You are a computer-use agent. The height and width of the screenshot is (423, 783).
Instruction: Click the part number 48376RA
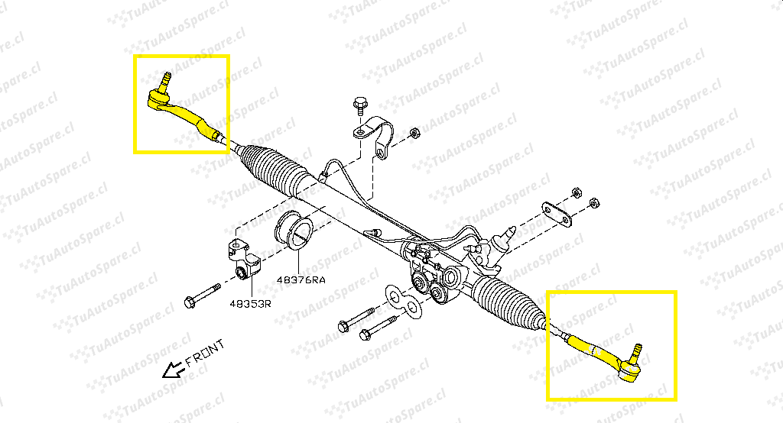click(301, 280)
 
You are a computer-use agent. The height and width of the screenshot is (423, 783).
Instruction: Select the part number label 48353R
click(250, 303)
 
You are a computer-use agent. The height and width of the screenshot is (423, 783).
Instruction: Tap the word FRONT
click(205, 354)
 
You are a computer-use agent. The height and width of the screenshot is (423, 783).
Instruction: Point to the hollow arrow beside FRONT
click(174, 370)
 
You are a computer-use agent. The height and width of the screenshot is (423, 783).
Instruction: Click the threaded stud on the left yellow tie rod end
click(165, 80)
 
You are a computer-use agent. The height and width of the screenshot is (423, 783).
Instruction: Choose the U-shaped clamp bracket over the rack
click(375, 135)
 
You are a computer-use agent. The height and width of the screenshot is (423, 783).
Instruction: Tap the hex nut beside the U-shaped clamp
click(414, 133)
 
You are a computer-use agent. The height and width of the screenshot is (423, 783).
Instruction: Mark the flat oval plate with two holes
click(557, 215)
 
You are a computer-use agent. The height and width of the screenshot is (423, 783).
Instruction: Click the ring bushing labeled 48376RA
click(294, 232)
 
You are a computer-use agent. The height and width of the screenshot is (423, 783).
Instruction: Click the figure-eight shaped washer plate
click(404, 301)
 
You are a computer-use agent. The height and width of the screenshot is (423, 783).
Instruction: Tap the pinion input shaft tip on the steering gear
click(510, 231)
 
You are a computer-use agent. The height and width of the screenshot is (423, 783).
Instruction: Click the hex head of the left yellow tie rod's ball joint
click(158, 98)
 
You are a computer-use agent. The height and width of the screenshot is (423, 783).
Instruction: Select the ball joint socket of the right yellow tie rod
click(629, 370)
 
